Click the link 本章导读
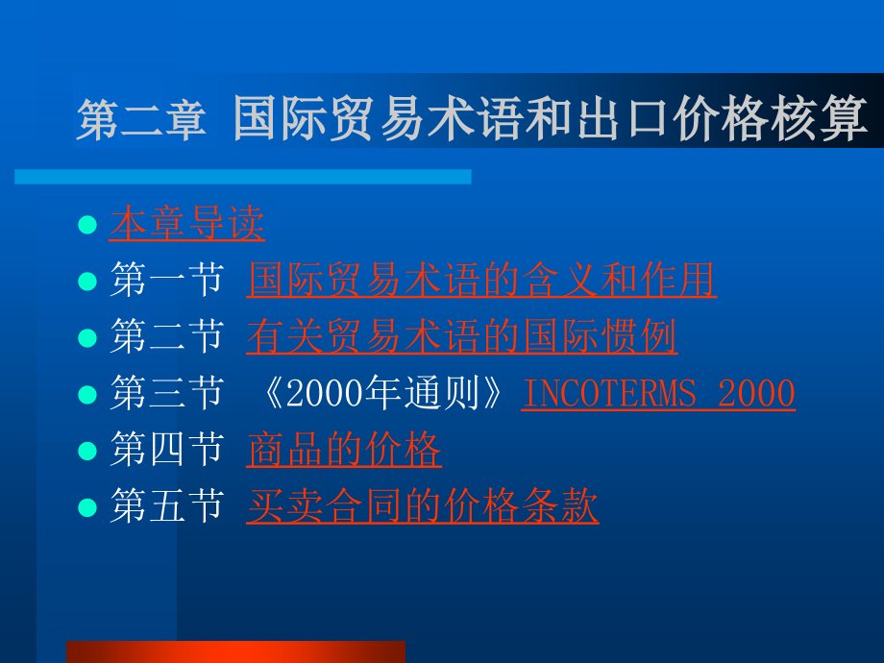[x=187, y=224]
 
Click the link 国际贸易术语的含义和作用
[x=481, y=281]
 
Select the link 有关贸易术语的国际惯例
[x=461, y=337]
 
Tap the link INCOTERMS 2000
[x=658, y=394]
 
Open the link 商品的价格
[x=344, y=450]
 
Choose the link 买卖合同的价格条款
[x=423, y=506]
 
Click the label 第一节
[x=166, y=281]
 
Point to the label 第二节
[x=166, y=337]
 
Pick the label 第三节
[x=166, y=394]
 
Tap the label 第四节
[x=166, y=450]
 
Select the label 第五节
[x=166, y=506]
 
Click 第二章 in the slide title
[x=142, y=122]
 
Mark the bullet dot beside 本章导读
[x=87, y=225]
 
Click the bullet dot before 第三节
[x=87, y=395]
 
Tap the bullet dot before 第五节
[x=87, y=507]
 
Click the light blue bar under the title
[x=242, y=177]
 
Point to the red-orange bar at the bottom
[x=235, y=651]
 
